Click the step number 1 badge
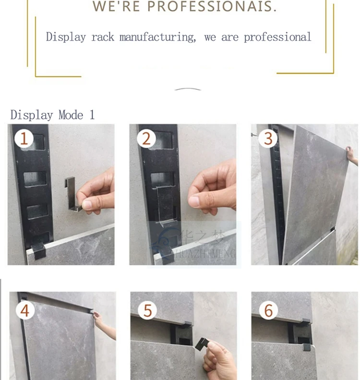(x=24, y=139)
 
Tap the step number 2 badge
(x=146, y=139)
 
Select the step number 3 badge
(x=268, y=139)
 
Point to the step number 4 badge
(x=24, y=310)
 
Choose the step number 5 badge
(x=147, y=310)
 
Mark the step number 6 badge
(x=268, y=310)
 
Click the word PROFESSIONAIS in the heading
(x=212, y=7)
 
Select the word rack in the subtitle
(x=102, y=37)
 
